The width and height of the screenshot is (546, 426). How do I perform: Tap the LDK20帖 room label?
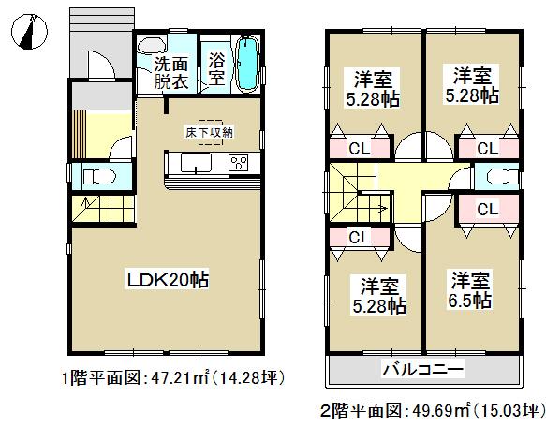click(x=168, y=279)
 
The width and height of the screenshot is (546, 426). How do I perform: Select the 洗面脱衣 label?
click(x=170, y=72)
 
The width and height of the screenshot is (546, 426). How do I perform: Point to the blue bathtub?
click(x=247, y=64)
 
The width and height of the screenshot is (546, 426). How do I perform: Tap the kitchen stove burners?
click(x=237, y=164)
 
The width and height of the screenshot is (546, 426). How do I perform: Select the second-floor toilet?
click(x=497, y=176)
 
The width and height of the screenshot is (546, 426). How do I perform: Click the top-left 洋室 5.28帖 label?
click(x=371, y=90)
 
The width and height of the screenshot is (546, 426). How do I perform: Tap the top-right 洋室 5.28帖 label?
click(x=471, y=85)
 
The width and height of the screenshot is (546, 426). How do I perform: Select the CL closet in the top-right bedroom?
click(x=486, y=148)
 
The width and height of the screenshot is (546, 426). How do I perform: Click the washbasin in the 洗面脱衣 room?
click(x=150, y=46)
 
